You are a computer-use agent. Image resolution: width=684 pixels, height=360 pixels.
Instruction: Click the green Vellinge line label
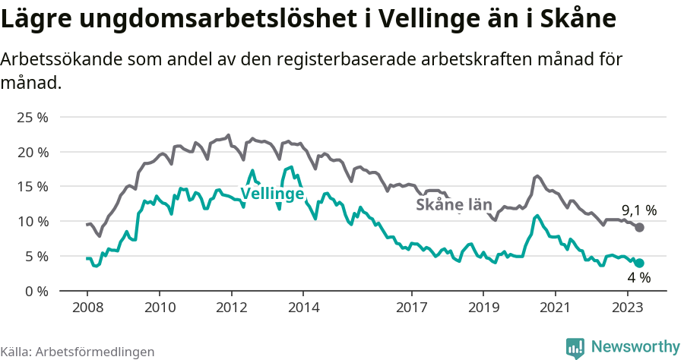point(272,194)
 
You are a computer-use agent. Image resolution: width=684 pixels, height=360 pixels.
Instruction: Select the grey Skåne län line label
point(454,205)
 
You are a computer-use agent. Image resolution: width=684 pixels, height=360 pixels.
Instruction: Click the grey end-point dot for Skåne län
point(640,228)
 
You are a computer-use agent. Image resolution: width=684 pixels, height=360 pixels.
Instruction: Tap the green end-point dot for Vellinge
point(640,263)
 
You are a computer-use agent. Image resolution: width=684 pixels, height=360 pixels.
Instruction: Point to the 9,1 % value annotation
point(639,210)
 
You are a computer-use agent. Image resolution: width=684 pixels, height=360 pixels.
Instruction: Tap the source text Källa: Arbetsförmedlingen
point(78,352)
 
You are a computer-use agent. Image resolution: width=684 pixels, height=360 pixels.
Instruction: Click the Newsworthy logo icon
point(575,347)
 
